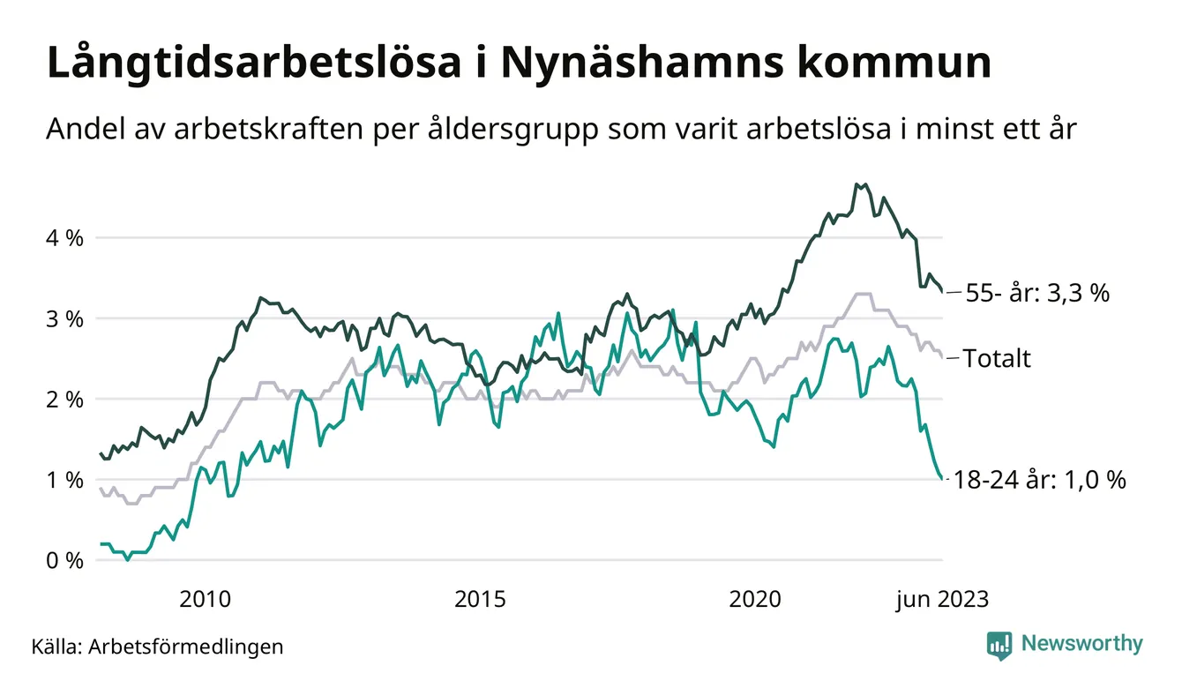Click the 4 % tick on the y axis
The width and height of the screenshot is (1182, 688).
coord(64,238)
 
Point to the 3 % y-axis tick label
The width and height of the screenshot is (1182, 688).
coord(64,318)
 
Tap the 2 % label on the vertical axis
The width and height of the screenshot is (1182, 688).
coord(64,400)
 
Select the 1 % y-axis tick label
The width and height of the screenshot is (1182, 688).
coord(64,480)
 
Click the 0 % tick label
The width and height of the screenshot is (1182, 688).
coord(64,561)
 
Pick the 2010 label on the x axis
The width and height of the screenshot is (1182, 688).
coord(205,600)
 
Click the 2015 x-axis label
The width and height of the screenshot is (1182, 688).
coord(480,600)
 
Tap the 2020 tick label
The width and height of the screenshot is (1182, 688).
coord(755,600)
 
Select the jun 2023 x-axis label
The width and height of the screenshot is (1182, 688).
coord(942,600)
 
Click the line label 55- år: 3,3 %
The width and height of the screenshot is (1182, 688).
coord(1037,293)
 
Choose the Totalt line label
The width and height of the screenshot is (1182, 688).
coord(997,358)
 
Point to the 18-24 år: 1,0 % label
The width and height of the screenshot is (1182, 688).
coord(1041,481)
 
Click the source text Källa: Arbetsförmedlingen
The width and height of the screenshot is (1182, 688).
coord(157,647)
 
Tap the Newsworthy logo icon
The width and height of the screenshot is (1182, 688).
coord(999,645)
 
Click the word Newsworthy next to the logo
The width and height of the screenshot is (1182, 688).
coord(1081,644)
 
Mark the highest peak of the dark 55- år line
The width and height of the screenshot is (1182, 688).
coord(857,184)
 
